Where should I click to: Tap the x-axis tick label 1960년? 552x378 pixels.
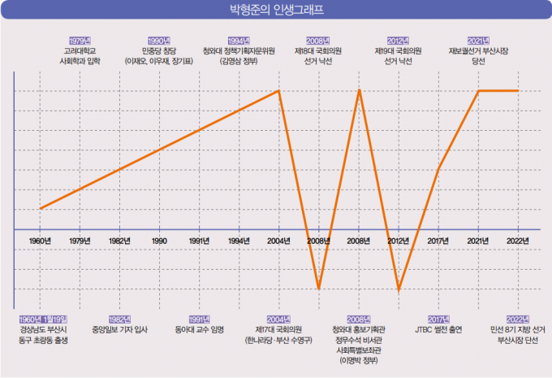(x=40, y=241)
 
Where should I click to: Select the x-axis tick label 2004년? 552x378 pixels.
(x=279, y=241)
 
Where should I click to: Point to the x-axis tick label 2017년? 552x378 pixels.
(x=438, y=241)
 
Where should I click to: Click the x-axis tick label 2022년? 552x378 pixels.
(x=518, y=241)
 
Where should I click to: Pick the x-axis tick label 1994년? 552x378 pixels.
(x=239, y=241)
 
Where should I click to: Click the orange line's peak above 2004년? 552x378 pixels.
(x=279, y=90)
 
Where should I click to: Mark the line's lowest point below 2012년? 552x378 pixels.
(x=399, y=289)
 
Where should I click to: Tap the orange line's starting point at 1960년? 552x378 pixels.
(x=40, y=209)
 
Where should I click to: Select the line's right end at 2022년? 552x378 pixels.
(x=518, y=90)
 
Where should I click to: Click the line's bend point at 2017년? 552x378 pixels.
(x=438, y=170)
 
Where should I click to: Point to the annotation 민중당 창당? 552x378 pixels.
(x=159, y=50)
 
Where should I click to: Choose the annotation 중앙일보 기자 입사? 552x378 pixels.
(x=120, y=330)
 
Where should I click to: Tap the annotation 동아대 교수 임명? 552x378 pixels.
(x=200, y=330)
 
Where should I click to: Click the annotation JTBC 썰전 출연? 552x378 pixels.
(x=438, y=330)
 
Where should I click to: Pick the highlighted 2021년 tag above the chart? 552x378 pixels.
(x=478, y=40)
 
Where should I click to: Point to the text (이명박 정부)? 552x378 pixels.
(x=359, y=360)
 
